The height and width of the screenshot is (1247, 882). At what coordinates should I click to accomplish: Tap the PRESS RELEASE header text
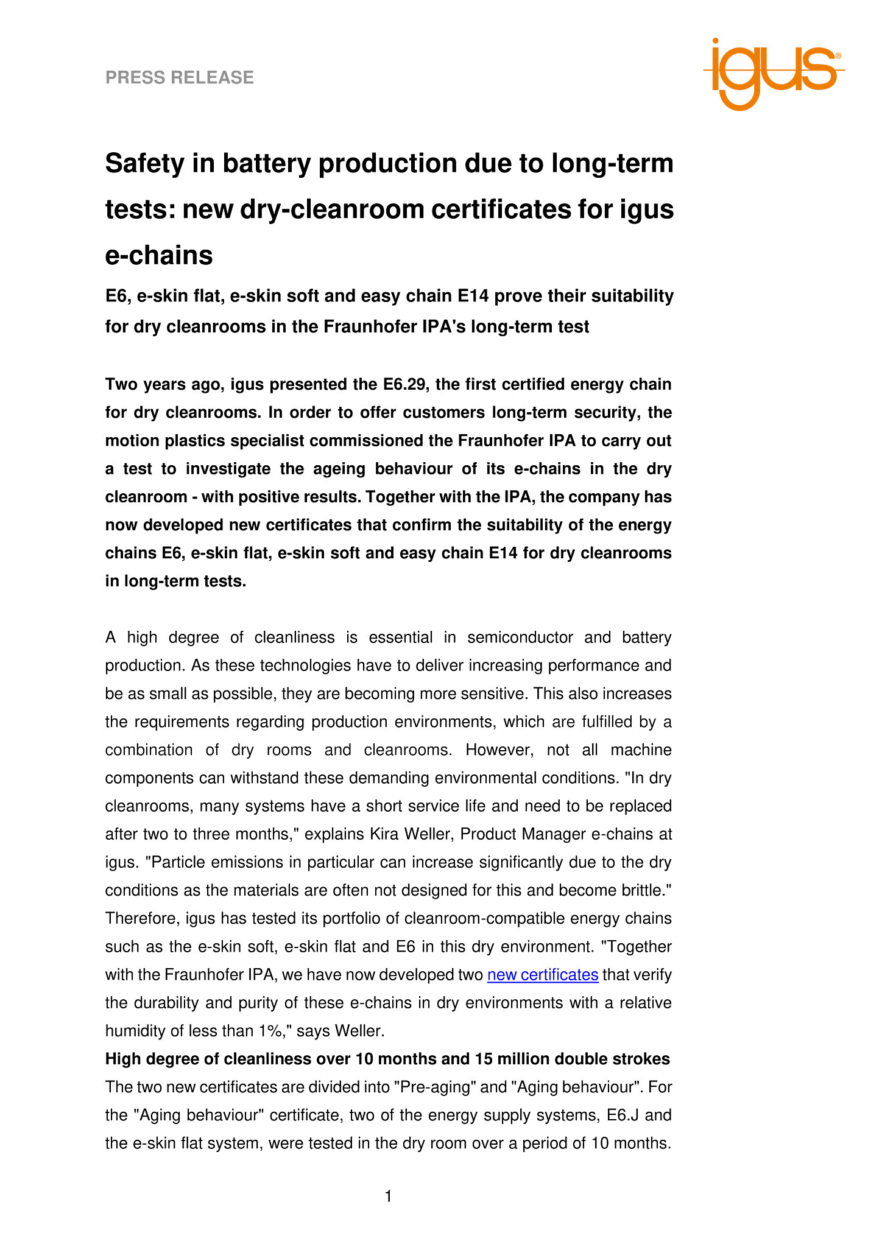(x=180, y=77)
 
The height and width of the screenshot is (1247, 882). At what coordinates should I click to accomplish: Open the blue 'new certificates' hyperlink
(x=543, y=975)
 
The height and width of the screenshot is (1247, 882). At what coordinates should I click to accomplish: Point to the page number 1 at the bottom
(x=388, y=1197)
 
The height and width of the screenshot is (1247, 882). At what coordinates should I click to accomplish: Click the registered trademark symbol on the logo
(x=838, y=55)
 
